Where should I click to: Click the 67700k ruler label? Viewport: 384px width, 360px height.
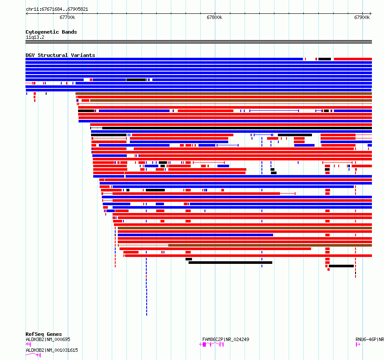click(67, 17)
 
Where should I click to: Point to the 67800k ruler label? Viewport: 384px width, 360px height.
click(214, 17)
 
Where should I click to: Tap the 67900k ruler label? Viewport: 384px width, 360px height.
click(362, 17)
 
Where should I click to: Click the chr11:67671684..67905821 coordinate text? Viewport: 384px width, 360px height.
click(57, 9)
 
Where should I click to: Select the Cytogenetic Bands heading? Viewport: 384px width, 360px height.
click(51, 32)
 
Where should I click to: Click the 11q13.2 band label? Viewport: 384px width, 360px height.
click(35, 37)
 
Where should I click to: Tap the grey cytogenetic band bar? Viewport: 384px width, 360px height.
click(198, 42)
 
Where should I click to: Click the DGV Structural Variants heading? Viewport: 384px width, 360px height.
click(60, 55)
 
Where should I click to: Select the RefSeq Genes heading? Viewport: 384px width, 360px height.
click(44, 334)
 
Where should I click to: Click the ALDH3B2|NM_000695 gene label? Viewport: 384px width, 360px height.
click(48, 339)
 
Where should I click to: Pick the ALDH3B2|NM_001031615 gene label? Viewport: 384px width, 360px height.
click(52, 350)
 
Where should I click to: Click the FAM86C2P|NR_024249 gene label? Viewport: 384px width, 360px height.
click(226, 339)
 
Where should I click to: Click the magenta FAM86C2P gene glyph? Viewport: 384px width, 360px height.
click(211, 344)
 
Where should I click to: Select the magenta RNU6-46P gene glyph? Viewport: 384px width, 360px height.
click(358, 344)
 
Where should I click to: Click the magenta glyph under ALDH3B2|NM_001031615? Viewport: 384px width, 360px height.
click(33, 355)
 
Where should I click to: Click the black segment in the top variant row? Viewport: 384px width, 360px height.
click(325, 59)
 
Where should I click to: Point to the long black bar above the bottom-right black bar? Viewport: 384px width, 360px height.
click(230, 263)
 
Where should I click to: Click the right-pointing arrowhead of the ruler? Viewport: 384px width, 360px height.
click(371, 13)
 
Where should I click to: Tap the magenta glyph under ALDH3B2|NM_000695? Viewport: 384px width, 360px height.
click(28, 344)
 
